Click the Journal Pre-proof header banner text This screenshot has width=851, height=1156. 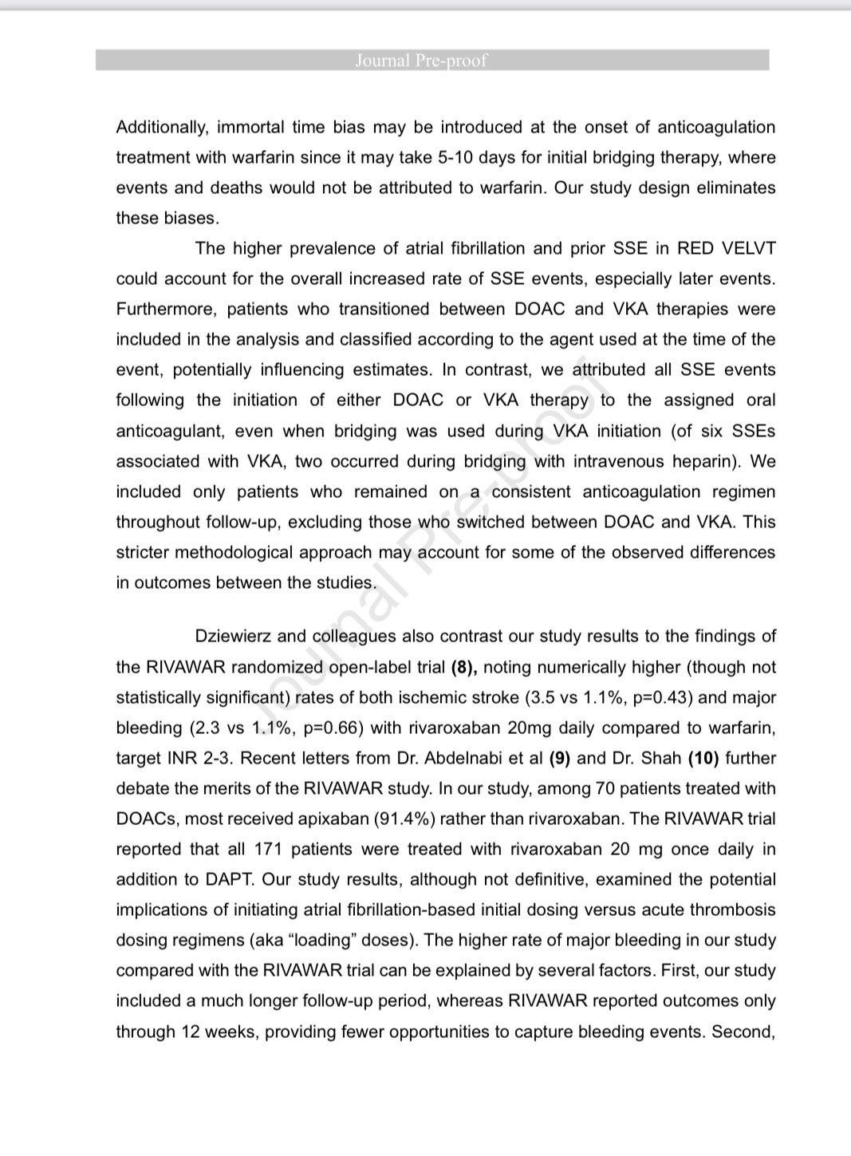(420, 61)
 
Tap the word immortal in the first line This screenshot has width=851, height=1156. (250, 128)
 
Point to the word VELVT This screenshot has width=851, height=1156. (748, 248)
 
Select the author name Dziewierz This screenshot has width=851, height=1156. (234, 637)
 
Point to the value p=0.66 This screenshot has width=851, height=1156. (333, 728)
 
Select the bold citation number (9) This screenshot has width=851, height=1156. (559, 759)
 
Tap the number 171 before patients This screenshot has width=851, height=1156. (268, 850)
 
